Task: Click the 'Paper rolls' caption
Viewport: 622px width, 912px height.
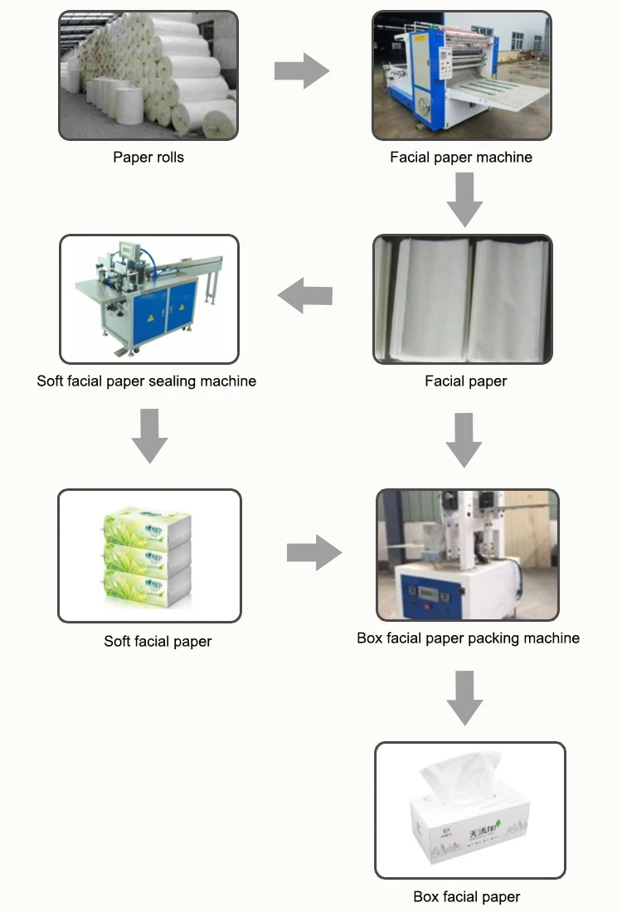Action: coord(148,157)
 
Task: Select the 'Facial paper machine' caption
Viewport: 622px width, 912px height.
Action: coord(461,157)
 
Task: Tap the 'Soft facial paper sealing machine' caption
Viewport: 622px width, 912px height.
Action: coord(147,381)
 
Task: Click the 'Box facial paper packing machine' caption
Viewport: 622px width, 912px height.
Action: coord(468,638)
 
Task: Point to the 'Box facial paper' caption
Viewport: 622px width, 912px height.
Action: coord(467,896)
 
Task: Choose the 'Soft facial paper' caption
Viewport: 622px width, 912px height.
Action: coord(158,641)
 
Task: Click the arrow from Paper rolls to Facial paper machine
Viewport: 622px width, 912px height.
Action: coord(302,71)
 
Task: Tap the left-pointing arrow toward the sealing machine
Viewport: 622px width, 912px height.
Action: coord(304,295)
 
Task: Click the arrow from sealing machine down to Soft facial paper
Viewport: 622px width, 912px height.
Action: coord(150,436)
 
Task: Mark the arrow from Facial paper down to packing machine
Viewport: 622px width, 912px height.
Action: coord(464,440)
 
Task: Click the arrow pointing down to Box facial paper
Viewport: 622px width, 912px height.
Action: coord(464,699)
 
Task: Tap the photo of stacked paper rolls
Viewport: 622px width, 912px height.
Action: coord(148,75)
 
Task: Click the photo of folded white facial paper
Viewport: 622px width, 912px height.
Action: coord(462,300)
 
